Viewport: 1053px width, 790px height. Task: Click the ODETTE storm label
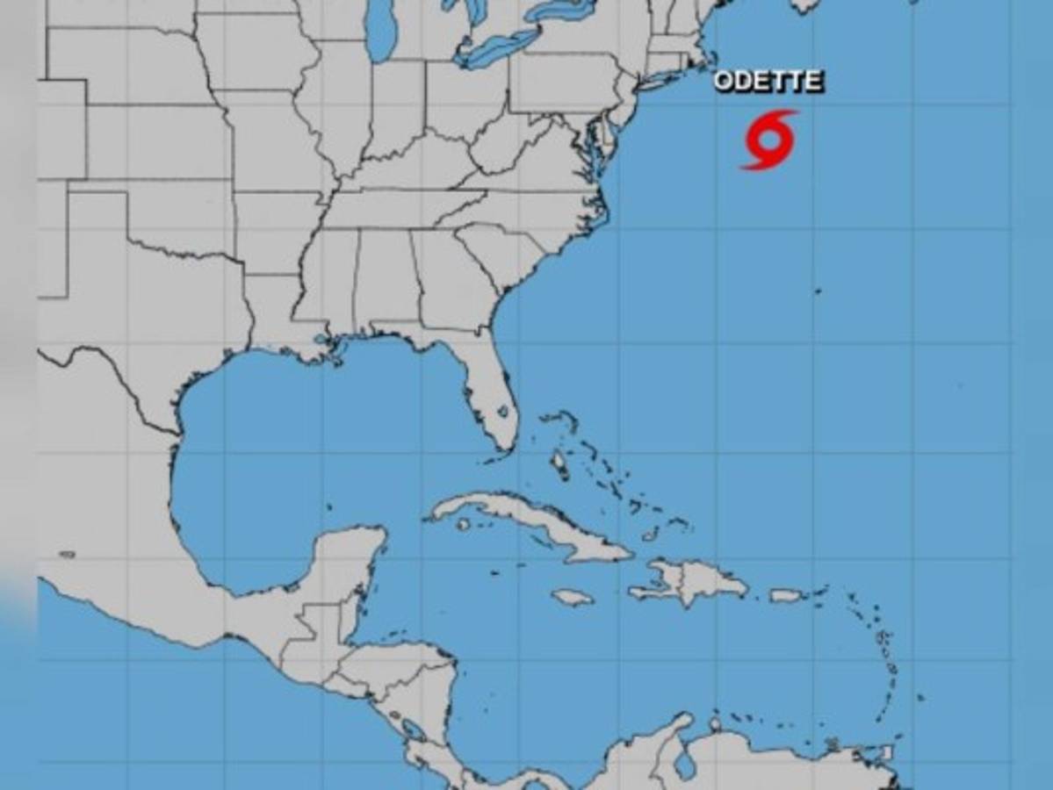click(768, 82)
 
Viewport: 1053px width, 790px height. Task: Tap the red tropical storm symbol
click(770, 140)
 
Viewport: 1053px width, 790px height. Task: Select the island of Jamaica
click(573, 597)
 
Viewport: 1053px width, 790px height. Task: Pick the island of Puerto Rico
click(787, 595)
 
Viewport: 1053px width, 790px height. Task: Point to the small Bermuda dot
click(818, 291)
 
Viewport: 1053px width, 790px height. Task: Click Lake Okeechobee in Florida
click(503, 410)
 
